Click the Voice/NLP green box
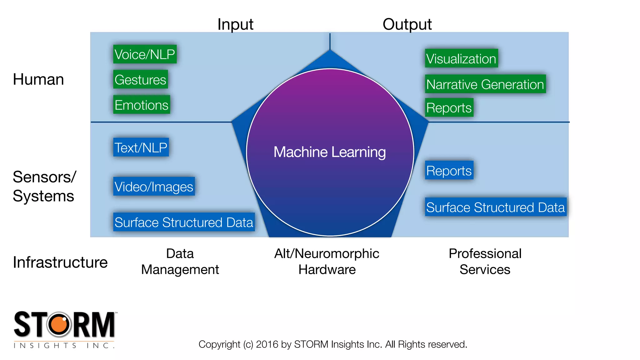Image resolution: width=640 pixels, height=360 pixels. [145, 54]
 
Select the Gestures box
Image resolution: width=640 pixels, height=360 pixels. [140, 80]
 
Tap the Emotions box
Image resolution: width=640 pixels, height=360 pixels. [142, 105]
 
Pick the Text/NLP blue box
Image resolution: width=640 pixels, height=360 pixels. [141, 147]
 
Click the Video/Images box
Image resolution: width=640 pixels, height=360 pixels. [154, 187]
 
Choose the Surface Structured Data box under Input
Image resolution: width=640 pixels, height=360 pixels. [184, 222]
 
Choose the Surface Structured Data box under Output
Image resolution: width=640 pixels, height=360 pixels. [496, 207]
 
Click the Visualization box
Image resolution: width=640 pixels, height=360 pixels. [461, 58]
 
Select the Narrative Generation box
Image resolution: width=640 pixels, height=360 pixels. [485, 84]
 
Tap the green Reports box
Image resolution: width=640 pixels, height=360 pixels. [449, 108]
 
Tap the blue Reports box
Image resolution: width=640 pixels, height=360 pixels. [449, 171]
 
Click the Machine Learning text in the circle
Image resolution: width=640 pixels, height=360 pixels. [330, 152]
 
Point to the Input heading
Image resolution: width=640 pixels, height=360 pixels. [235, 24]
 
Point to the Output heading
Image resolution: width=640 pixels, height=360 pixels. [407, 24]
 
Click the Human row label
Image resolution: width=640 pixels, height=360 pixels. [38, 79]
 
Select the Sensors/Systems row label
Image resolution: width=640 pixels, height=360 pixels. [44, 187]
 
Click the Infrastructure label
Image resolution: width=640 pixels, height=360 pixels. [60, 262]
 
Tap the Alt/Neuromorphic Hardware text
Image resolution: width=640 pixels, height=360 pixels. [327, 262]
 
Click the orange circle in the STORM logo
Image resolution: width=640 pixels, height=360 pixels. [60, 324]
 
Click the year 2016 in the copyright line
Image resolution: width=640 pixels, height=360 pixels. [267, 344]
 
